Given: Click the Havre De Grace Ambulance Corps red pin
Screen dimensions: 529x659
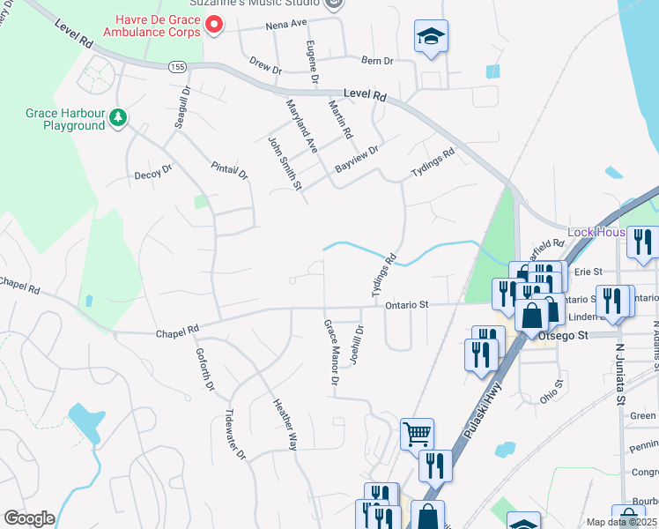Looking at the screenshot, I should coord(213,22).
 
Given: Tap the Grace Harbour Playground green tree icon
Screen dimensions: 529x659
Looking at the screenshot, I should coord(116,117).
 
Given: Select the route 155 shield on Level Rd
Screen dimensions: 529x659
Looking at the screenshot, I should coord(177,66).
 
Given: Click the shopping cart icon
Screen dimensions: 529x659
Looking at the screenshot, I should coord(417,432).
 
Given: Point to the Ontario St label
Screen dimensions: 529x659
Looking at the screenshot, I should coord(406,305).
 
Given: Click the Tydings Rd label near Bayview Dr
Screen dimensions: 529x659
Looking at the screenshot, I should coord(432,164).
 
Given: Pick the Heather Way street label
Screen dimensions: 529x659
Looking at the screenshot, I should coord(285,422).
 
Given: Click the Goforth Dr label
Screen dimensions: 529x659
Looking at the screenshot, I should coord(204,369).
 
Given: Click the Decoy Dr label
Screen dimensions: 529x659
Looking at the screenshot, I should coord(152,174).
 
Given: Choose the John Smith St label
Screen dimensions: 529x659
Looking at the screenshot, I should coord(285,162).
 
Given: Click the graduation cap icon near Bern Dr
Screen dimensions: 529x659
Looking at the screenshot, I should coord(431,37).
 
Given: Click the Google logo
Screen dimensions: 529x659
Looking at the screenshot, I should coord(29,518).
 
